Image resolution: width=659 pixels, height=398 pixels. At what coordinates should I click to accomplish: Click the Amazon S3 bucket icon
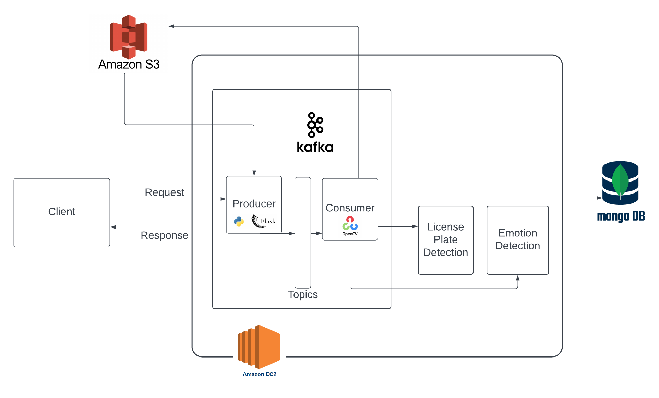pyautogui.click(x=129, y=36)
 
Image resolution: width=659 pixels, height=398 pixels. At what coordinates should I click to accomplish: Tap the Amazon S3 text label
pyautogui.click(x=129, y=65)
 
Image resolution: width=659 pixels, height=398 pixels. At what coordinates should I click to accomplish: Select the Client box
pyautogui.click(x=62, y=212)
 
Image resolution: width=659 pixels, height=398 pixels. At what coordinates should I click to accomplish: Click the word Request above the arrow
pyautogui.click(x=164, y=192)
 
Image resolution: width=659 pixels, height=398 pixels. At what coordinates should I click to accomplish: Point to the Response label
pyautogui.click(x=164, y=235)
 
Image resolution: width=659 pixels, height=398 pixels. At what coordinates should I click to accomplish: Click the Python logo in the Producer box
pyautogui.click(x=239, y=222)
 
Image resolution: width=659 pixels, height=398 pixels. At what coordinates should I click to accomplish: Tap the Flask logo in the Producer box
pyautogui.click(x=263, y=221)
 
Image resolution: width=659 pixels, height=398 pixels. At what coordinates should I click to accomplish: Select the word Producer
pyautogui.click(x=254, y=204)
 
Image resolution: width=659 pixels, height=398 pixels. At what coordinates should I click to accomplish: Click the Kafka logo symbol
pyautogui.click(x=315, y=125)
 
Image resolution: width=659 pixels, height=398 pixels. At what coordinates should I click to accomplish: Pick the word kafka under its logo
pyautogui.click(x=315, y=147)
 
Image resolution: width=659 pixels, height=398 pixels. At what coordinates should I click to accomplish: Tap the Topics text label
pyautogui.click(x=303, y=295)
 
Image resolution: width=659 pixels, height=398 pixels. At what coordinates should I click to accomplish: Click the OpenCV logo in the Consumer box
pyautogui.click(x=350, y=225)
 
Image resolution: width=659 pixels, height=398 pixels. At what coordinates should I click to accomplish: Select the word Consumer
pyautogui.click(x=350, y=208)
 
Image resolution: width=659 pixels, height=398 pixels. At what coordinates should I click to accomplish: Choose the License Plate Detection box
pyautogui.click(x=445, y=240)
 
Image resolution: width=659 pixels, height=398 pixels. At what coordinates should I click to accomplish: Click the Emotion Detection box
pyautogui.click(x=517, y=240)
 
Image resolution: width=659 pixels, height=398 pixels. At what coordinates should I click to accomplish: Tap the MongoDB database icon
pyautogui.click(x=620, y=183)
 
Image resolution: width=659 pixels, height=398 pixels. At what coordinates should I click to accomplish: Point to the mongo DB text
pyautogui.click(x=621, y=216)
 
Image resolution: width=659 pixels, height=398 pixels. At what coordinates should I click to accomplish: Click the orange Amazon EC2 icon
pyautogui.click(x=259, y=347)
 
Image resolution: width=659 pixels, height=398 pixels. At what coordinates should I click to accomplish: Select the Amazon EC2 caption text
pyautogui.click(x=259, y=374)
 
